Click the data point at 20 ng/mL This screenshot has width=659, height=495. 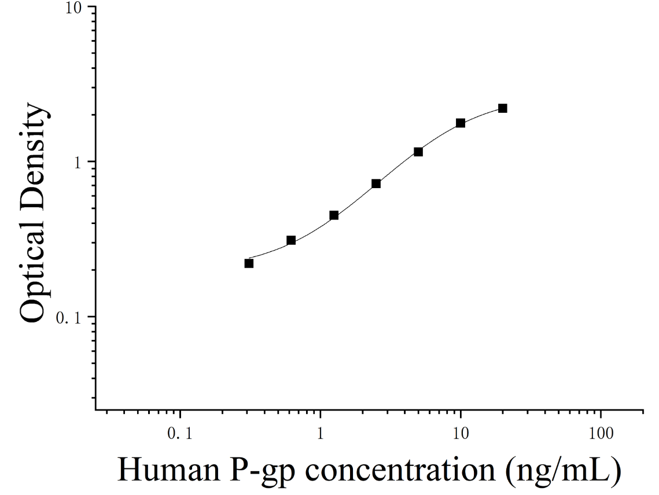click(502, 108)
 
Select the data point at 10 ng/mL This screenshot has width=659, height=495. click(461, 123)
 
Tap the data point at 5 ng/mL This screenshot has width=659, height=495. click(418, 152)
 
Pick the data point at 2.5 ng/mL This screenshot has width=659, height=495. click(376, 184)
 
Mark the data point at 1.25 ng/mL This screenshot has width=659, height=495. click(334, 215)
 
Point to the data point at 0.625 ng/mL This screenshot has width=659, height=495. click(291, 241)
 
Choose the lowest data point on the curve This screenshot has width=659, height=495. click(249, 263)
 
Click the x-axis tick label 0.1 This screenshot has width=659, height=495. click(180, 433)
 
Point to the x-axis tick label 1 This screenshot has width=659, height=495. click(321, 433)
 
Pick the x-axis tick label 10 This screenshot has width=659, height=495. click(461, 433)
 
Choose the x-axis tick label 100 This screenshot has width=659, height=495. click(601, 433)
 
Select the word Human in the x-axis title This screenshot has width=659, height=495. click(169, 470)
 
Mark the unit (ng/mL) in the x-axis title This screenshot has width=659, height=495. click(564, 472)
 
